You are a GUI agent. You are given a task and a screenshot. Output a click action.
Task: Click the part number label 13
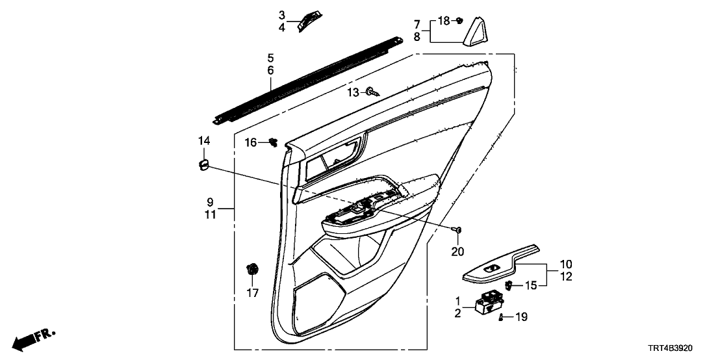[x=352, y=93]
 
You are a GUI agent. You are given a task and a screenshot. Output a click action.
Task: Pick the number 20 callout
[x=457, y=251]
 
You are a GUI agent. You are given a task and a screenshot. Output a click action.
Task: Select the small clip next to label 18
[x=460, y=21]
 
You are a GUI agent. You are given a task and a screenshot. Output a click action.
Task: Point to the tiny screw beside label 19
[x=501, y=316]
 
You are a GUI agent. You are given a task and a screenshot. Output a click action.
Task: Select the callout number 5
[x=270, y=57]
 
